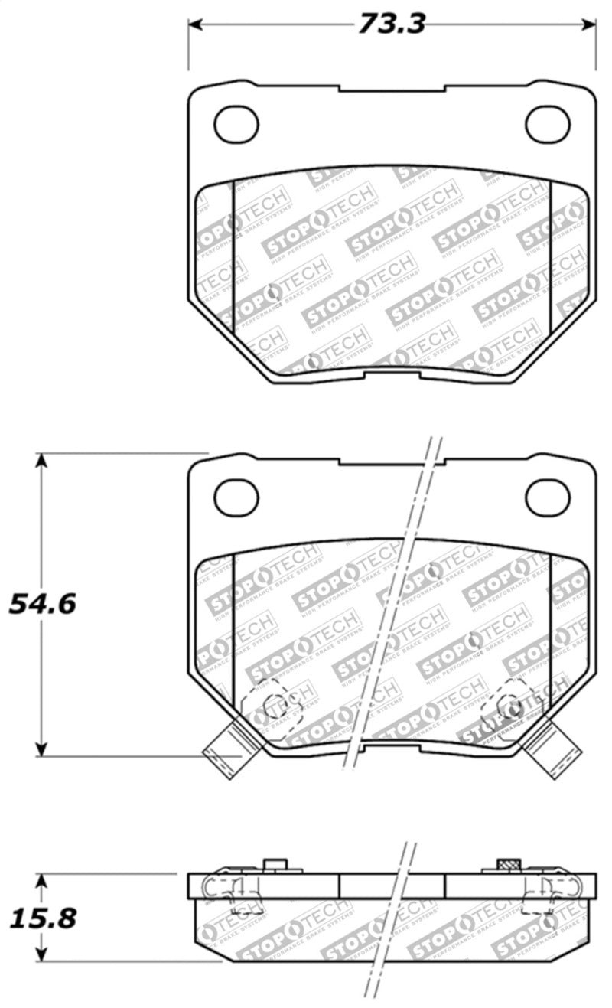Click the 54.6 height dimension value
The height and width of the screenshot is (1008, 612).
pyautogui.click(x=42, y=604)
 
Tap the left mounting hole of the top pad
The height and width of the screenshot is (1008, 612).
pyautogui.click(x=236, y=124)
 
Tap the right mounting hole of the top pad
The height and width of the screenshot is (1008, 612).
pyautogui.click(x=548, y=124)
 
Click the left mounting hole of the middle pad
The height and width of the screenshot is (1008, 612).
pyautogui.click(x=236, y=497)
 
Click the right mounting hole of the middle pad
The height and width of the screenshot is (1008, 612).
pyautogui.click(x=548, y=497)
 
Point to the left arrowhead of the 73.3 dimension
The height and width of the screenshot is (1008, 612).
pyautogui.click(x=194, y=25)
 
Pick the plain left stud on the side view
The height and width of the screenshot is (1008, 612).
pyautogui.click(x=275, y=865)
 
